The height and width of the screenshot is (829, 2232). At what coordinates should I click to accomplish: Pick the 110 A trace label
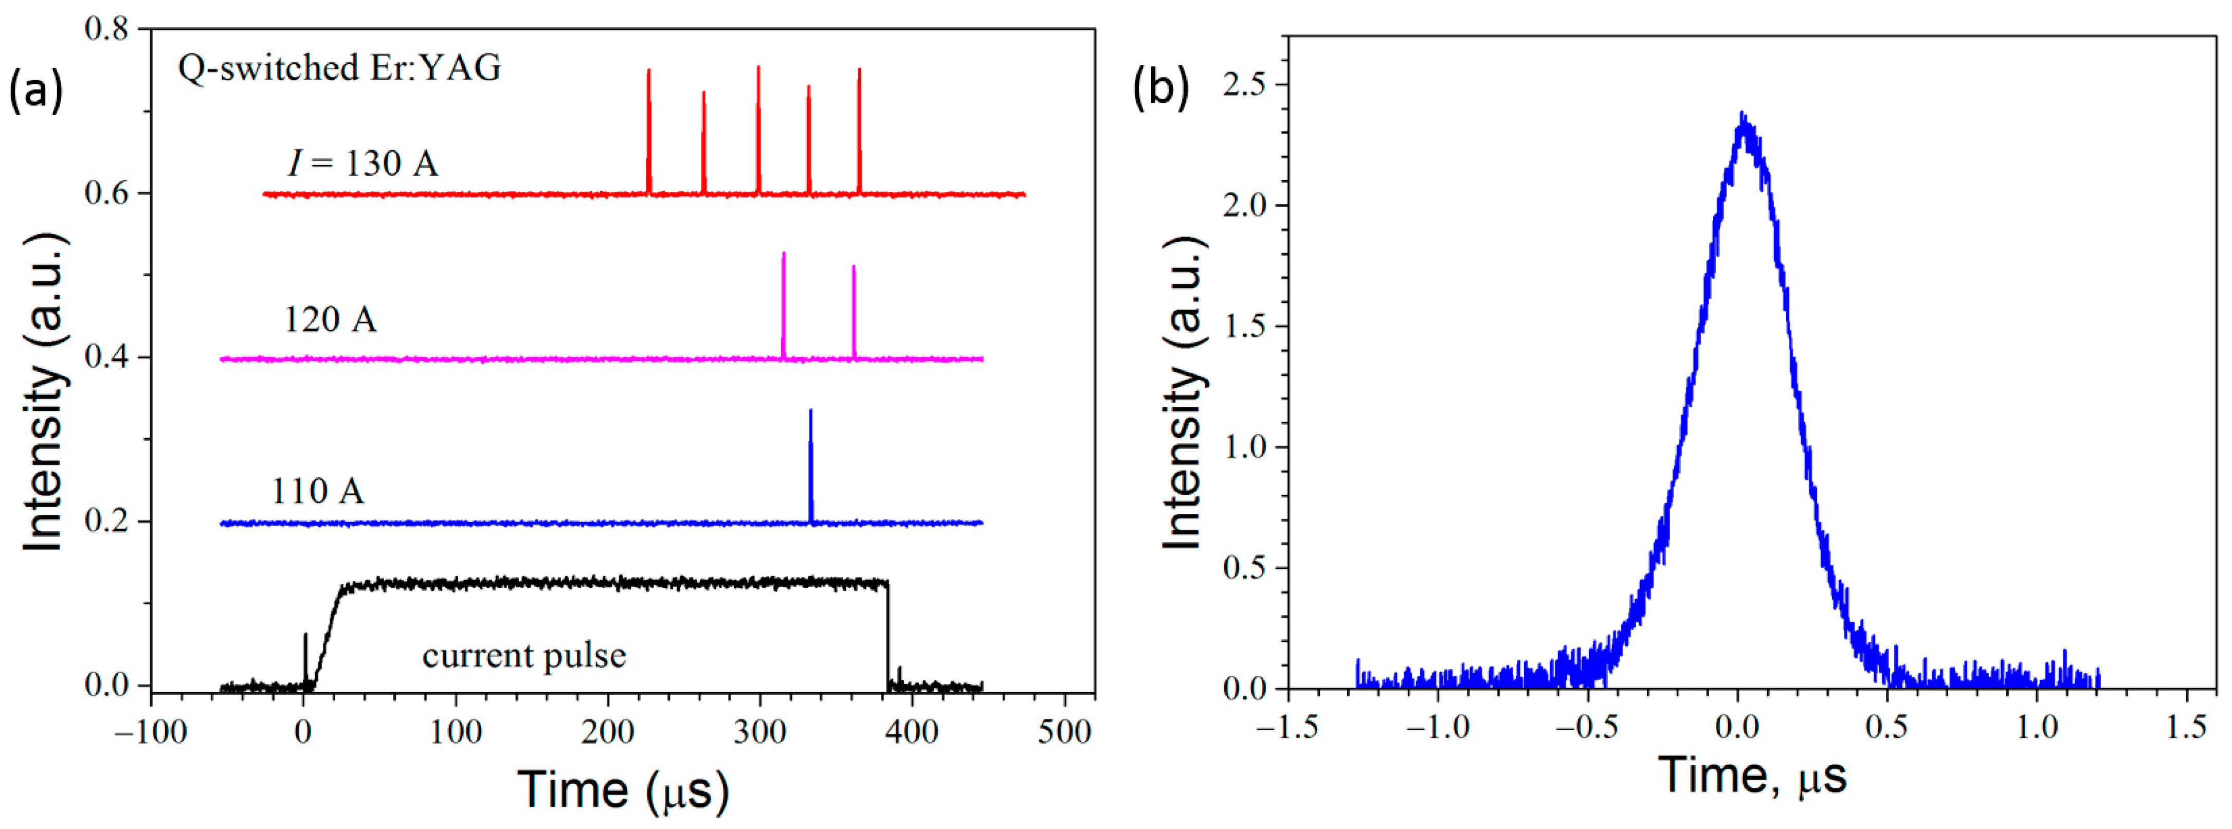coord(317,491)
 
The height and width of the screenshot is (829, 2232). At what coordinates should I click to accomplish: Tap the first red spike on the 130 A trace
coord(649,130)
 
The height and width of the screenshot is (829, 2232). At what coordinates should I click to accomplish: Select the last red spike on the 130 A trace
coord(860,130)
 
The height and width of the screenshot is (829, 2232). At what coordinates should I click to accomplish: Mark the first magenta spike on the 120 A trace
coord(784,303)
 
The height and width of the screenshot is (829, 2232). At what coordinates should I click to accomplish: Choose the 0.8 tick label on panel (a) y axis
coord(106,29)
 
